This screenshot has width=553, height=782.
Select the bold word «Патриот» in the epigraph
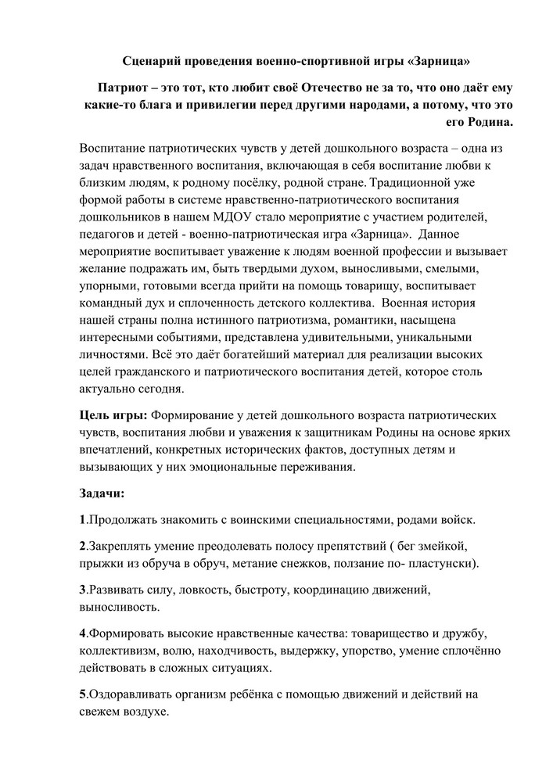[x=125, y=86]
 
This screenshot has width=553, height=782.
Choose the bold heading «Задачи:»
[x=102, y=493]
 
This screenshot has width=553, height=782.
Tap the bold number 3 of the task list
[x=82, y=589]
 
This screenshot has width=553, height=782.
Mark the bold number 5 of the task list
[x=82, y=694]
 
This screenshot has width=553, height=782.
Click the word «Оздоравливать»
[x=127, y=694]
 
